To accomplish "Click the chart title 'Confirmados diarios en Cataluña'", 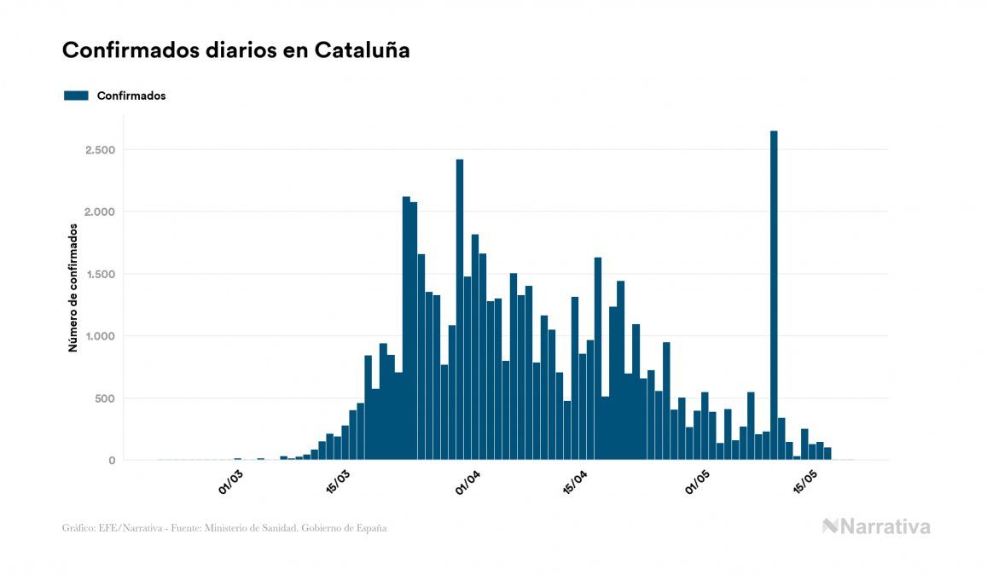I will (235, 50).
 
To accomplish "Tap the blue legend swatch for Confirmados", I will (76, 96).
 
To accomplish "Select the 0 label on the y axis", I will (111, 461).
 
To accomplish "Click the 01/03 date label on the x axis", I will (230, 482).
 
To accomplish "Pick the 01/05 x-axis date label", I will (697, 482).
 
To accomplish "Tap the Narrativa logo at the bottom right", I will (876, 526).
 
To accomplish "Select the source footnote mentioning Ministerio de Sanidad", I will (224, 528).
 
